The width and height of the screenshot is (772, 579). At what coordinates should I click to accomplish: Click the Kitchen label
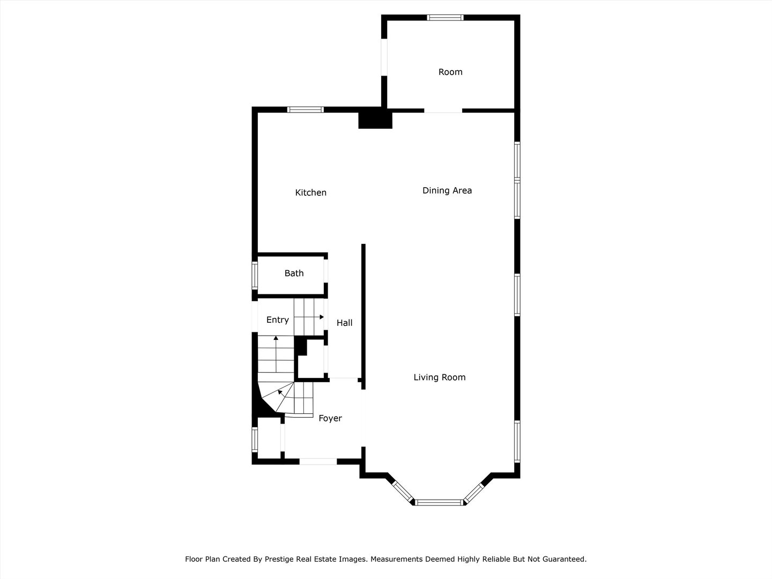(x=310, y=192)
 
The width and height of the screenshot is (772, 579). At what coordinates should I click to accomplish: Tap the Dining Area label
(x=447, y=190)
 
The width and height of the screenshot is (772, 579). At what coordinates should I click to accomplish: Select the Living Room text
(x=440, y=377)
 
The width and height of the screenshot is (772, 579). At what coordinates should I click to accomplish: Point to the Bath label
(x=294, y=273)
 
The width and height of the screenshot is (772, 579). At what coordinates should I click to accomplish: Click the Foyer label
(x=330, y=418)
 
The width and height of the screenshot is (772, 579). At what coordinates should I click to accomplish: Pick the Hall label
(x=345, y=323)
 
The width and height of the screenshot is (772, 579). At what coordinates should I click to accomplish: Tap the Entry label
(x=278, y=320)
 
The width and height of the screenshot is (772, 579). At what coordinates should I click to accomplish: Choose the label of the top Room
(x=450, y=72)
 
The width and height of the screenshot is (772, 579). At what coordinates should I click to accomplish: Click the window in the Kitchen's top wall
(x=306, y=109)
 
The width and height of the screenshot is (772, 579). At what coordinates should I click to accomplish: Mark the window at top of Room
(x=445, y=18)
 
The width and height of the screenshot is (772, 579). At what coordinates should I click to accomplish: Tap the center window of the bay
(x=440, y=502)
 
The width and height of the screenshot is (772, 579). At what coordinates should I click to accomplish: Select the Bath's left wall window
(x=255, y=276)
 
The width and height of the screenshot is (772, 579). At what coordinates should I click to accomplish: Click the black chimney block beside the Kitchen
(x=375, y=119)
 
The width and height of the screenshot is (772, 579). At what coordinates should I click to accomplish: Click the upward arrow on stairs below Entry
(x=276, y=339)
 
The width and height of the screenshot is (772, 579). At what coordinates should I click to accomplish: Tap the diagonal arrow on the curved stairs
(x=280, y=392)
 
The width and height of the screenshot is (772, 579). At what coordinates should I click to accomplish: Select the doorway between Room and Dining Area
(x=443, y=111)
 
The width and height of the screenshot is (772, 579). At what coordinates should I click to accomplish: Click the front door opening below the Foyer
(x=318, y=461)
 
